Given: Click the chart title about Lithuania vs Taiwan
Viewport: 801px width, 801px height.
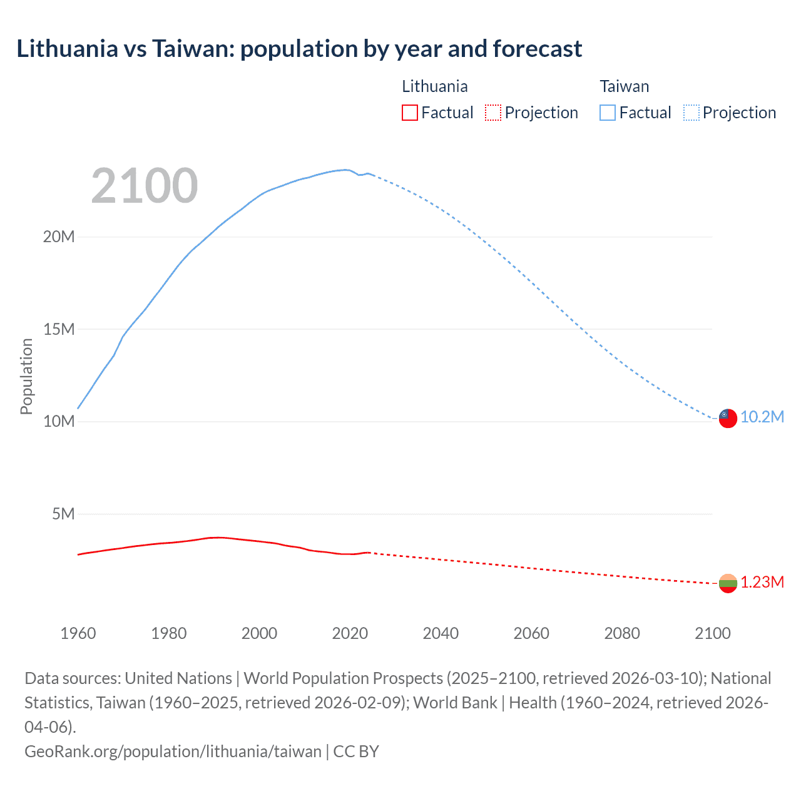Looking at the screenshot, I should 299,49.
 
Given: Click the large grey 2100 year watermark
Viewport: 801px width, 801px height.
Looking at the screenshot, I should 145,186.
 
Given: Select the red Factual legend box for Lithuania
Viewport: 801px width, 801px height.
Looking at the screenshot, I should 409,113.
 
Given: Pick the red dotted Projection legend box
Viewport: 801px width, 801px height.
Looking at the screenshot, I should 493,113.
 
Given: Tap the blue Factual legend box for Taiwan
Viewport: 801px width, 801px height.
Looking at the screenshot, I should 607,113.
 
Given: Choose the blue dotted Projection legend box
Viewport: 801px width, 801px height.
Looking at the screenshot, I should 691,113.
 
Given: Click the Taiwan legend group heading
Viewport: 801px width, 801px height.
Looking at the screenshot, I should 624,86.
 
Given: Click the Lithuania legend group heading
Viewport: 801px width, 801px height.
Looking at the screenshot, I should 434,86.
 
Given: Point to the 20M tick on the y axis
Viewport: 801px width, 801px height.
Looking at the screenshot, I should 59,237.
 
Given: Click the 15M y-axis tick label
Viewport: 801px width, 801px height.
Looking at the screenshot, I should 59,329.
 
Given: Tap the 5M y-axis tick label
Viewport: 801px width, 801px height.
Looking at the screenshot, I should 63,514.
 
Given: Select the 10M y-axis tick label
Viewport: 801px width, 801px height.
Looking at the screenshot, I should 59,421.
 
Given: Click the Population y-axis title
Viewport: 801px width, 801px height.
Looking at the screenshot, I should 26,376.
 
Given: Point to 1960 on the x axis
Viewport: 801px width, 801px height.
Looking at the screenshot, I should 78,633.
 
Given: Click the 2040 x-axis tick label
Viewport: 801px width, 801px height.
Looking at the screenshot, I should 441,633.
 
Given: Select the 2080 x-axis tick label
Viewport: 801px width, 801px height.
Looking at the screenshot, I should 622,633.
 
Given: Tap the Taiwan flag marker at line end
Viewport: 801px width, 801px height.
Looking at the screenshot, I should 727,418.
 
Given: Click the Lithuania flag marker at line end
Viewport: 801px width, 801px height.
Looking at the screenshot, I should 727,583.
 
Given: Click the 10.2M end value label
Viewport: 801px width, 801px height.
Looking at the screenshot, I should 762,417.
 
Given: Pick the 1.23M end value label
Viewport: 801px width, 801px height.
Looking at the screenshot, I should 762,583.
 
